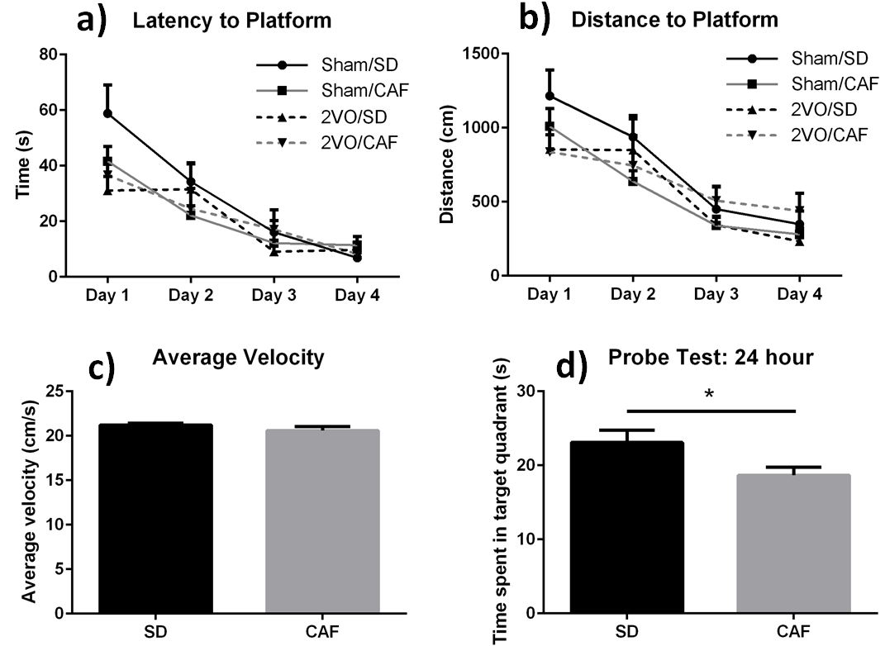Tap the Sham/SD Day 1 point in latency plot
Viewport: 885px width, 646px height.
click(x=108, y=113)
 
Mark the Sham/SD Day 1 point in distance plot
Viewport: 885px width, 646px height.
click(x=550, y=96)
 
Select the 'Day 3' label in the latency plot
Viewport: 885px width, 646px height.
click(x=273, y=295)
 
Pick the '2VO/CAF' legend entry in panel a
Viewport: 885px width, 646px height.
click(x=360, y=143)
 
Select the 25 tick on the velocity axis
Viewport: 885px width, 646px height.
click(x=55, y=391)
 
